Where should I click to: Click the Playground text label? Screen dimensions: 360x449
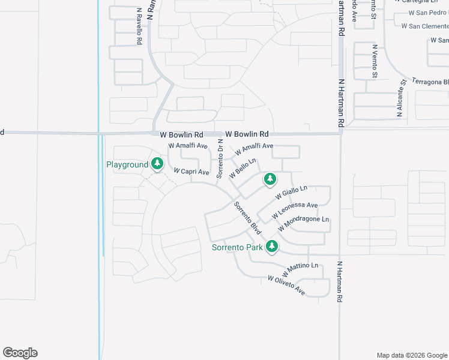[x=127, y=164]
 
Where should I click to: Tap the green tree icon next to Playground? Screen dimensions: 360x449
[x=157, y=163]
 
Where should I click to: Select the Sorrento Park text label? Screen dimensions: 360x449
[x=237, y=247]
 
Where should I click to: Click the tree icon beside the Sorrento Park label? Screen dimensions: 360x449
[x=272, y=246]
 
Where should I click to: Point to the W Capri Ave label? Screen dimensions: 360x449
[x=191, y=172]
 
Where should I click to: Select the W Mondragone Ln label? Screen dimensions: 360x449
[x=304, y=227]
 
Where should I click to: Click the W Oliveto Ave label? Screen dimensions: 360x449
[x=286, y=286]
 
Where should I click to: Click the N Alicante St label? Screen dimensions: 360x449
[x=401, y=97]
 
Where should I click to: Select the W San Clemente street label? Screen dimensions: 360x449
[x=425, y=26]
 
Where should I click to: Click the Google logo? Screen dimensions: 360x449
[x=20, y=353]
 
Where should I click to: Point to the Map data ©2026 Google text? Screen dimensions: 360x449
[x=411, y=355]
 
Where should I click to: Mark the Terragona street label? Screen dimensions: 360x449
[x=430, y=81]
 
